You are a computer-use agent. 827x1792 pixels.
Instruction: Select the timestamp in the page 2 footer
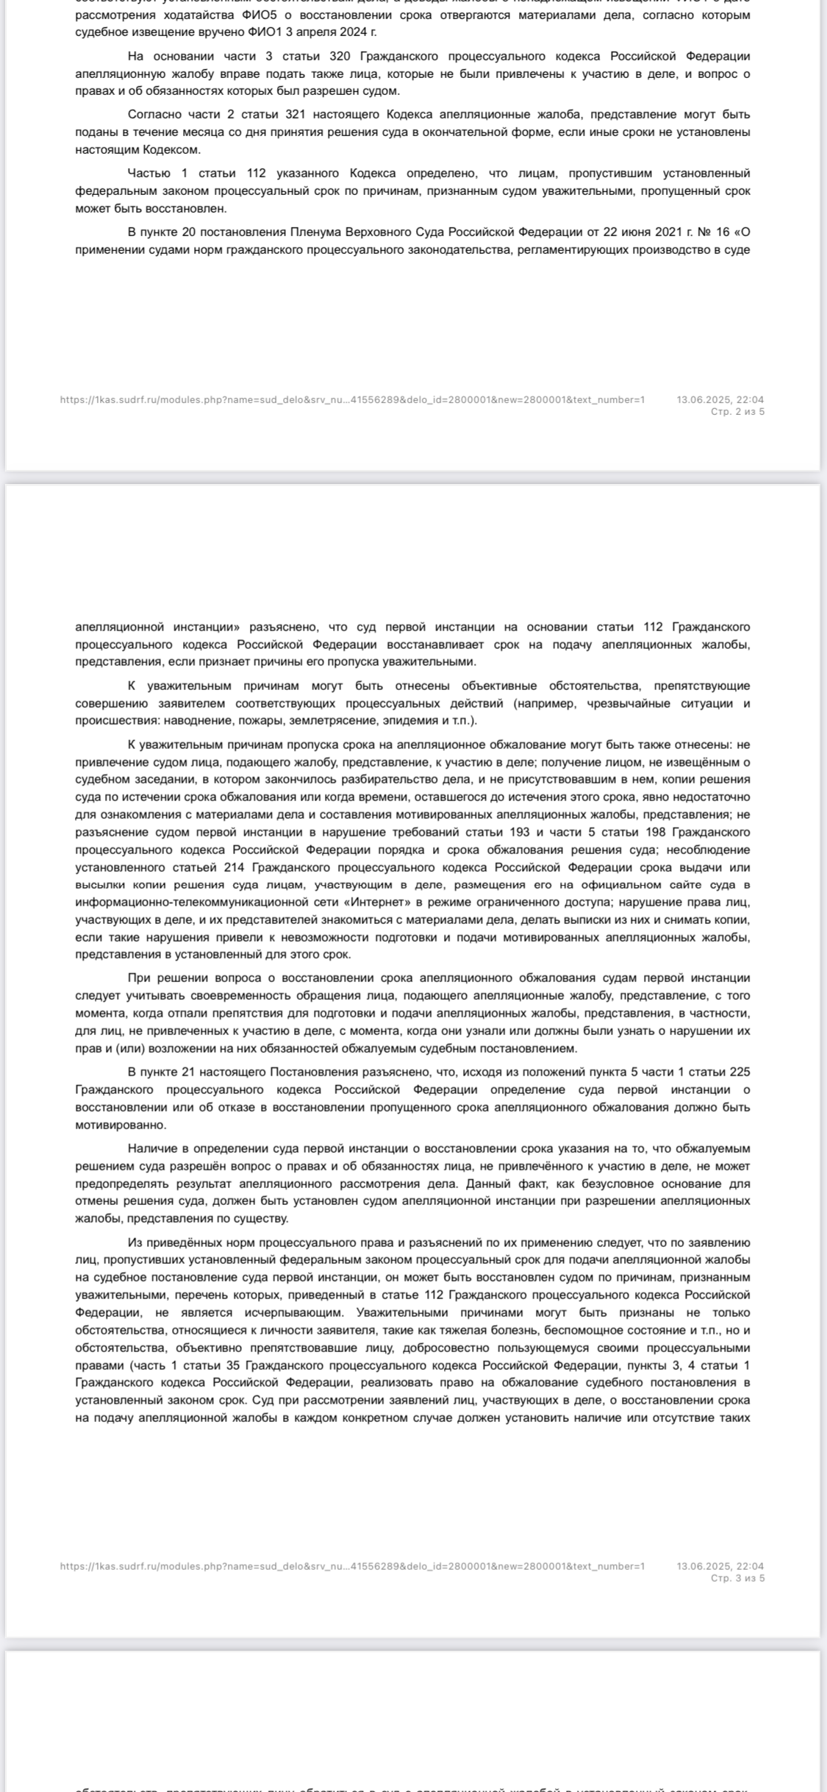click(x=720, y=399)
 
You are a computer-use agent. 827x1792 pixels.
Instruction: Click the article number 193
click(x=519, y=832)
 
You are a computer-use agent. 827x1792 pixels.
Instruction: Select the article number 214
click(x=223, y=867)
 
